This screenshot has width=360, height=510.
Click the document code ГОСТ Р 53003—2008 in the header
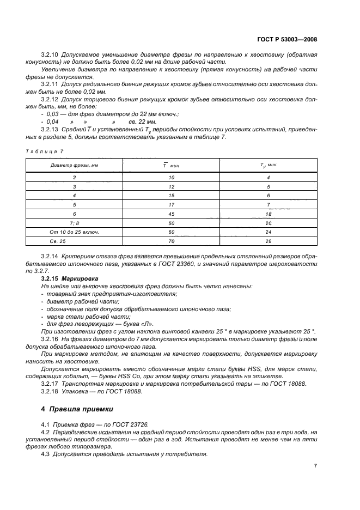[288, 39]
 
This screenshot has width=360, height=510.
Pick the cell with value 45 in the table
[172, 214]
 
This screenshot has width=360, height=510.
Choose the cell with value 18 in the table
[269, 214]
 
